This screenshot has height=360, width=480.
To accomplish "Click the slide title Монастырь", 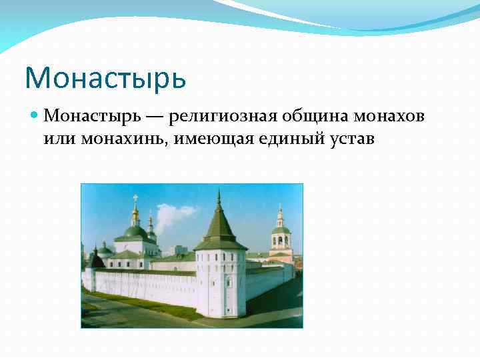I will point(105,77).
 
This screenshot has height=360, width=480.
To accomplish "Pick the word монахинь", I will point(125,139).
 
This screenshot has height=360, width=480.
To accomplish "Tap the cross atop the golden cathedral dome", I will point(135,198).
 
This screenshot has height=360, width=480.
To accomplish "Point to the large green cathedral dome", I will point(135,233).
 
